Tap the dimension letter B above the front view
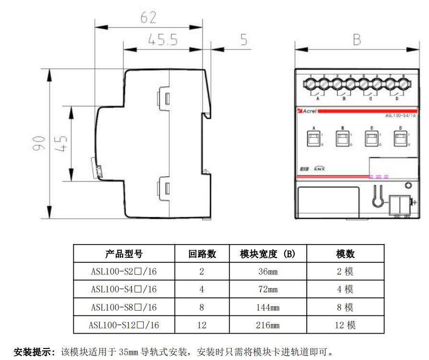357,39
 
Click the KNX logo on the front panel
320,169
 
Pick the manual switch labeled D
400,139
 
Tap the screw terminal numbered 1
311,84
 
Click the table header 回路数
202,254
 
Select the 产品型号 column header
124,254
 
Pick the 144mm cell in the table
268,307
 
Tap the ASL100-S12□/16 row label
124,325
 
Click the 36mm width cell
268,271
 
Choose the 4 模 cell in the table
345,289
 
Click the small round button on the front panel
408,186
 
